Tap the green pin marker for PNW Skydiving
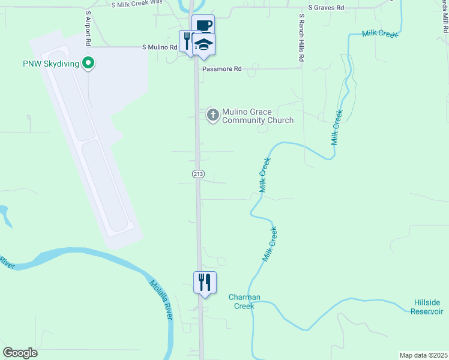tap(89, 62)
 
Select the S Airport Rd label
tap(88, 29)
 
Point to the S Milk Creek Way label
tap(137, 4)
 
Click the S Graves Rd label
tap(326, 8)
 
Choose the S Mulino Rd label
tap(160, 47)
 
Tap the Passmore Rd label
tap(221, 69)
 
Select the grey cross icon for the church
tap(212, 114)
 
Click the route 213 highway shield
tap(198, 174)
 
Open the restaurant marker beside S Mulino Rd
tap(187, 41)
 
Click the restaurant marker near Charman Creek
tap(205, 281)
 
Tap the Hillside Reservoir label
tap(428, 307)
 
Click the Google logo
tap(20, 353)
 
